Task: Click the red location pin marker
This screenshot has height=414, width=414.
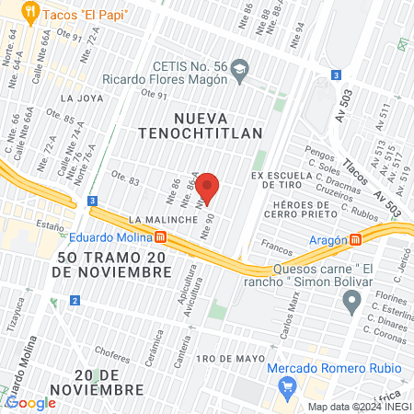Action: click(x=207, y=188)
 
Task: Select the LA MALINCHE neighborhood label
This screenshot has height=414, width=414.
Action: click(x=161, y=220)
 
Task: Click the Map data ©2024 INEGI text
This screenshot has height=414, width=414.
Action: click(x=359, y=407)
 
